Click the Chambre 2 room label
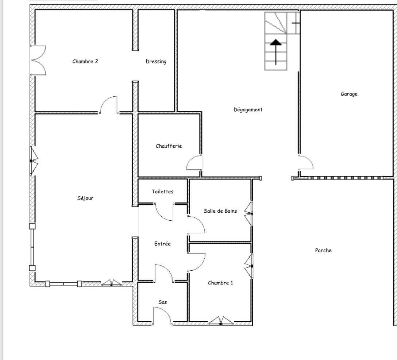(85, 61)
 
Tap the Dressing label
(156, 62)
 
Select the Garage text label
(349, 94)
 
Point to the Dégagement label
(248, 109)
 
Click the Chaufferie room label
(169, 146)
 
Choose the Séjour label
(85, 198)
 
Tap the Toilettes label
(162, 191)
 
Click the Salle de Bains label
(220, 211)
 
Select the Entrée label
(162, 244)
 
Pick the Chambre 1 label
(220, 283)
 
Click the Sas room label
(163, 302)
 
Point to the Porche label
(323, 250)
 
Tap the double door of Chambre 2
(38, 61)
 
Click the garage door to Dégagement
(305, 163)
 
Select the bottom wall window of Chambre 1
(220, 321)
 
